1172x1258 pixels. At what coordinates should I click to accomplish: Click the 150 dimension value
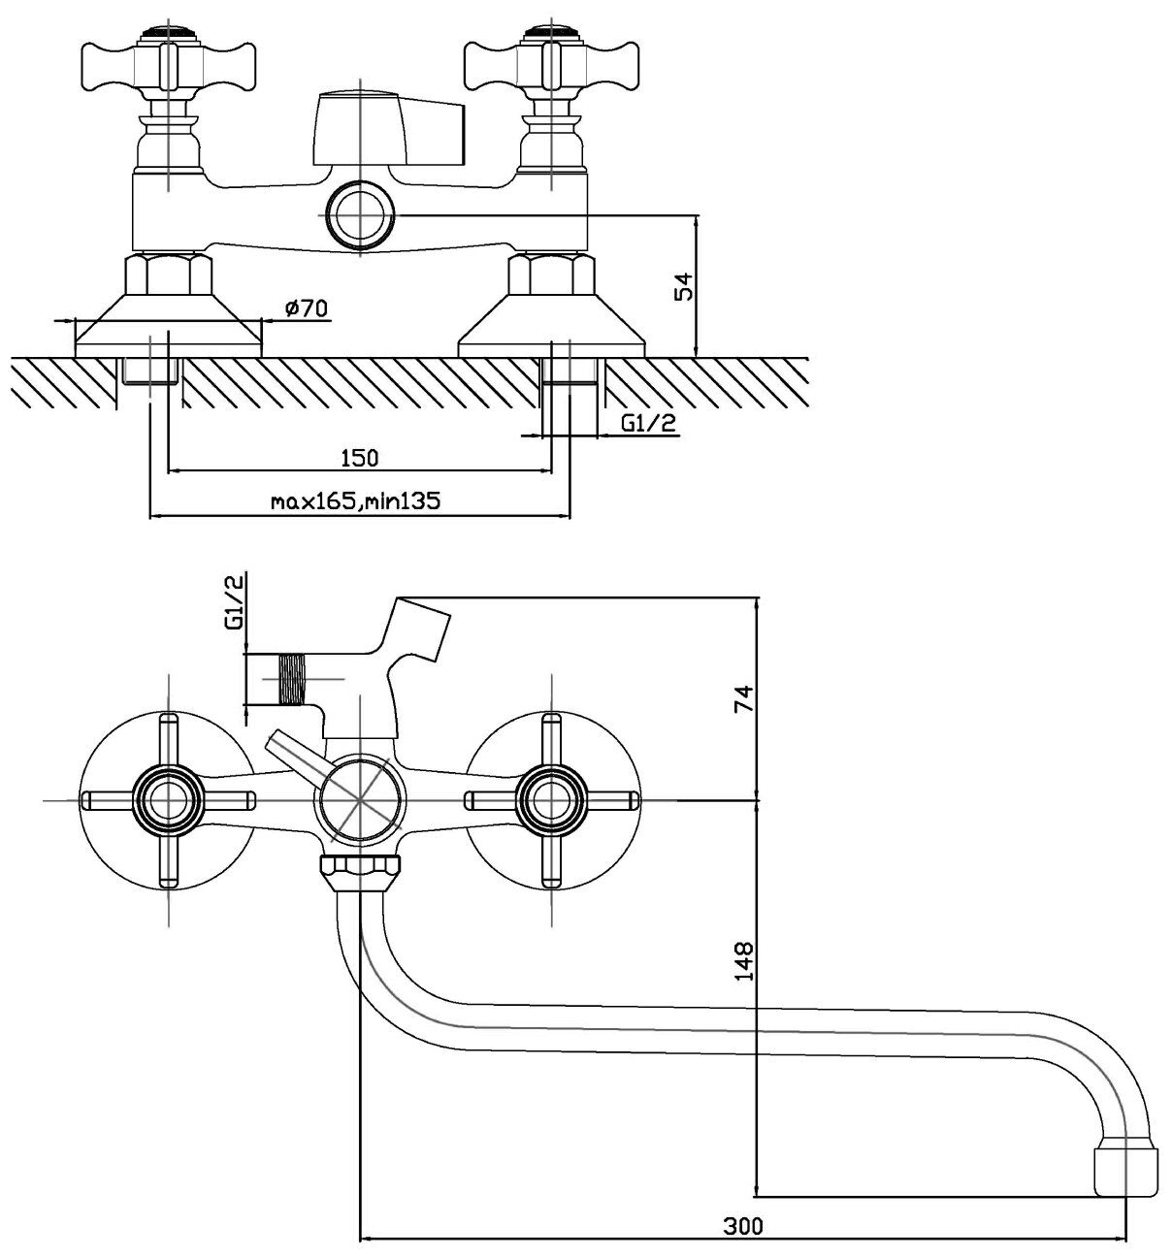click(358, 457)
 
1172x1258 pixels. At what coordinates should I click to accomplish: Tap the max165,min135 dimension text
click(356, 501)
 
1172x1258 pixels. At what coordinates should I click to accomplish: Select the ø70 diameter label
click(308, 308)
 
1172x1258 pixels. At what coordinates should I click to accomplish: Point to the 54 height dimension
click(684, 287)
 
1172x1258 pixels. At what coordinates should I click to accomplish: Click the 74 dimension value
click(744, 698)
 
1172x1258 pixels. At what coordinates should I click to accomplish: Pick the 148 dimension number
click(744, 960)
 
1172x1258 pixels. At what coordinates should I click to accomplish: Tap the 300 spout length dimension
click(743, 1226)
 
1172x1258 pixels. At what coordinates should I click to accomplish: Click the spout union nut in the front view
click(359, 868)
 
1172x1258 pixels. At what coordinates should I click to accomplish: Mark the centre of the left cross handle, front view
click(169, 800)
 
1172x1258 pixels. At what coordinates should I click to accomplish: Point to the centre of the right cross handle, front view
click(552, 800)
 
